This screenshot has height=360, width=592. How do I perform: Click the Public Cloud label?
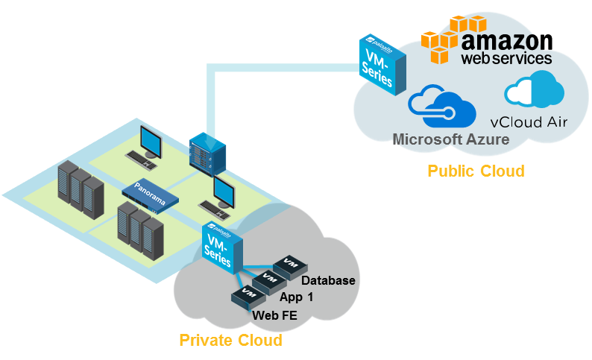(x=475, y=171)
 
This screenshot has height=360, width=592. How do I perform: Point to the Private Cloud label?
(x=230, y=341)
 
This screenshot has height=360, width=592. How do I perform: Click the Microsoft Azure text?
(x=450, y=139)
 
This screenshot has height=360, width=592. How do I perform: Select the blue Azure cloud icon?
(x=441, y=107)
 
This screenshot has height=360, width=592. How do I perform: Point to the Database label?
(x=328, y=281)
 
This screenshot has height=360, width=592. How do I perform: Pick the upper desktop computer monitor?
(x=154, y=139)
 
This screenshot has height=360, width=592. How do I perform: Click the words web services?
(x=506, y=57)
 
